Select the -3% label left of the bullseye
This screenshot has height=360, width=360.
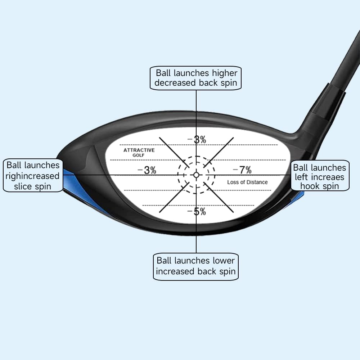click(x=147, y=170)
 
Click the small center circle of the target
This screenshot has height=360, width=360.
click(x=196, y=175)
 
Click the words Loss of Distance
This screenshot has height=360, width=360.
click(x=247, y=182)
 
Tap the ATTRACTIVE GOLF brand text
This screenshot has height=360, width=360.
click(x=139, y=152)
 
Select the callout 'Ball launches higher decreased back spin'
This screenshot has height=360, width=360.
click(x=196, y=78)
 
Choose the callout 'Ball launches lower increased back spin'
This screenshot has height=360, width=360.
click(x=196, y=266)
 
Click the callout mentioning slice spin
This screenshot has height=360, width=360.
click(x=33, y=176)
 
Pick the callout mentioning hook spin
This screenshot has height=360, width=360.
click(x=320, y=177)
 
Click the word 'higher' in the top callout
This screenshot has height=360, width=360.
click(x=224, y=73)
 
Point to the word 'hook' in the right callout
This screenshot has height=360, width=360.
click(x=310, y=186)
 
